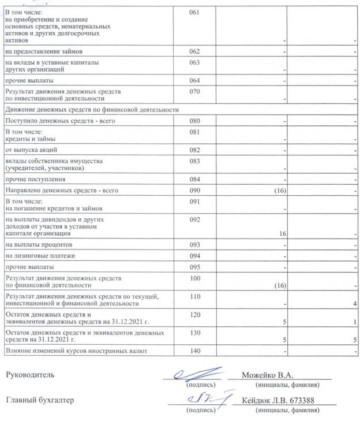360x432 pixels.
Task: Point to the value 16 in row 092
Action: [x=283, y=234]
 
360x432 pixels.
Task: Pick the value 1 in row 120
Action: [x=356, y=322]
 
